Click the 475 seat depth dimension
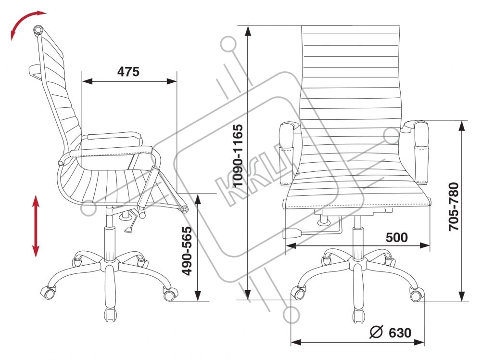[x=128, y=72]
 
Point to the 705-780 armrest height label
[x=454, y=206]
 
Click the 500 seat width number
[x=397, y=237]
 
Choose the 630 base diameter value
[x=400, y=332]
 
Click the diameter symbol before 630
[x=376, y=332]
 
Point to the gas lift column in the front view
[x=357, y=241]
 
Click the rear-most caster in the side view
[x=49, y=291]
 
